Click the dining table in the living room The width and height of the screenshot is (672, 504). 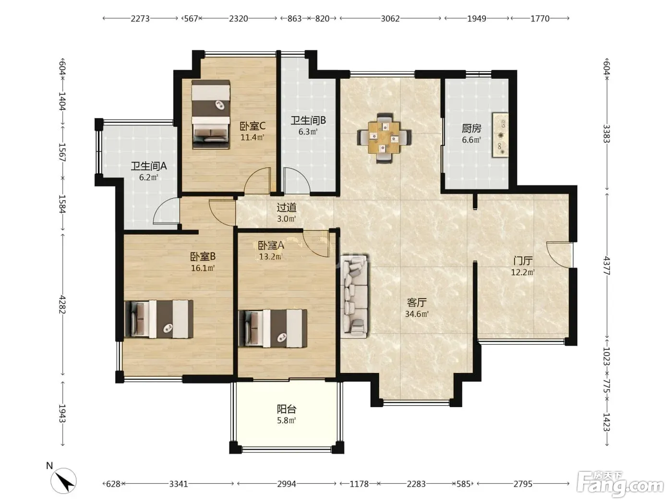click(384, 138)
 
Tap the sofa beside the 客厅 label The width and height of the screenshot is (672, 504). click(355, 296)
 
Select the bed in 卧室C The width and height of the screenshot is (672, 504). click(211, 115)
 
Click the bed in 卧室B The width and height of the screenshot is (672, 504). click(159, 319)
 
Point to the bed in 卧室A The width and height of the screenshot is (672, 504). click(273, 328)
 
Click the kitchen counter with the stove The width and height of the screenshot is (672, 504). click(500, 135)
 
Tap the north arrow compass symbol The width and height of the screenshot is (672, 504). click(64, 481)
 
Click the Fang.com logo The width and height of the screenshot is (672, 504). click(620, 484)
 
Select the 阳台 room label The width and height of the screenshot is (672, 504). click(287, 409)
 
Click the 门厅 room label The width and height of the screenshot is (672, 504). click(523, 261)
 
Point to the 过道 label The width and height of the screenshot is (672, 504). click(287, 207)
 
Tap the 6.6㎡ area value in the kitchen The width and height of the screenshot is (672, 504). click(471, 140)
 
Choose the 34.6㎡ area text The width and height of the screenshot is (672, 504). click(417, 314)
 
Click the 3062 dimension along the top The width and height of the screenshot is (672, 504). click(390, 19)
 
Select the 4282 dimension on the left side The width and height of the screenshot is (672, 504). click(62, 304)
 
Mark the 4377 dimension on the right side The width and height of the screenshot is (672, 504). click(607, 266)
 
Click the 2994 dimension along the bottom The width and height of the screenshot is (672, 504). click(287, 484)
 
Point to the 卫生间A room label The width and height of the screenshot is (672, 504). click(149, 166)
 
